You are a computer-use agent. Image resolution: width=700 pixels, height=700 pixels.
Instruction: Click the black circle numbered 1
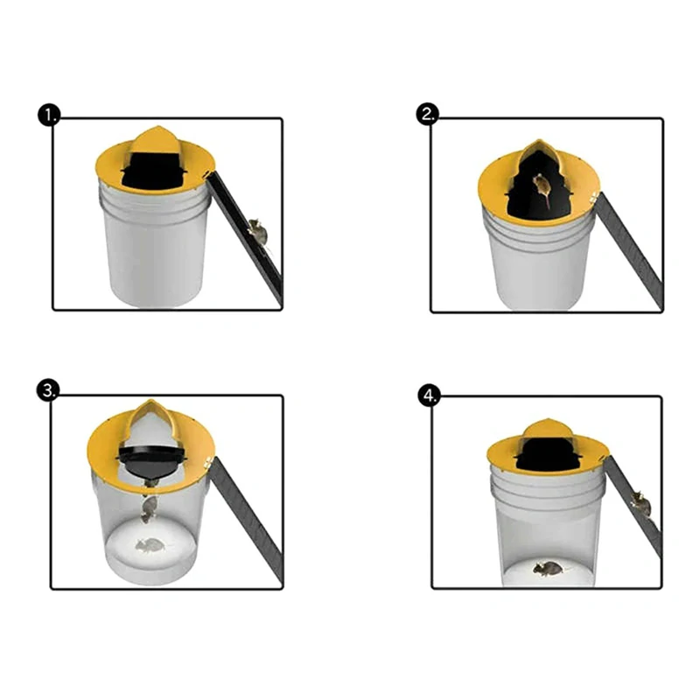tap(49, 115)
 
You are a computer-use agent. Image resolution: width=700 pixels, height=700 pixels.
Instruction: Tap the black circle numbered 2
tap(428, 114)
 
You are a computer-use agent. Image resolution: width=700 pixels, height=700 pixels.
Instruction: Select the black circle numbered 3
tap(47, 390)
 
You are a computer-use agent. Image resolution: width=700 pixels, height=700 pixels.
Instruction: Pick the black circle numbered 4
tap(429, 396)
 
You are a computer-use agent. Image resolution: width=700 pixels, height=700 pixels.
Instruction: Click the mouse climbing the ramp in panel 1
tap(257, 231)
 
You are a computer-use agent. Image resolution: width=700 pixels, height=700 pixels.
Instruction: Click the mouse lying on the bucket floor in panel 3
tap(150, 545)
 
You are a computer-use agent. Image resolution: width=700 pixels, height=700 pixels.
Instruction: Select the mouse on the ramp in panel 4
tap(641, 504)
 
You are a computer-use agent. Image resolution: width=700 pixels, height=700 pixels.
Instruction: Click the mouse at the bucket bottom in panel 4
tap(549, 568)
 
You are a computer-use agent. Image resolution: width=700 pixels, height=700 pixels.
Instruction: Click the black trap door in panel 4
tap(548, 454)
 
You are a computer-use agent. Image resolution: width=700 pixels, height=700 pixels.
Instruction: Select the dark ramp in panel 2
tap(630, 250)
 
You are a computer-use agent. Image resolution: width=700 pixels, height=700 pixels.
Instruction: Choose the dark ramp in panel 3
tap(247, 521)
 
